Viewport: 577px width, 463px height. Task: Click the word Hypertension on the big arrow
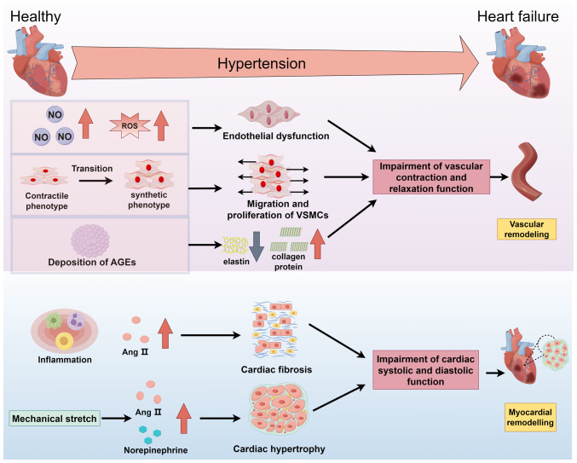click(262, 64)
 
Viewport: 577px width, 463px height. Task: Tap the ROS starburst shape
click(130, 126)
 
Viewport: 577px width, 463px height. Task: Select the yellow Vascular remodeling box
click(527, 229)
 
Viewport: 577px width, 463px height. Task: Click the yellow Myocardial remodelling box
click(530, 417)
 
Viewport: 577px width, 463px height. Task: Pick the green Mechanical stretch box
click(55, 419)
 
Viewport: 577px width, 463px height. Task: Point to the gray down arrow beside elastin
click(257, 246)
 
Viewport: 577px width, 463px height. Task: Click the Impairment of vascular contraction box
click(431, 177)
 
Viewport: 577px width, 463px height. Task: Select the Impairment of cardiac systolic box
click(425, 370)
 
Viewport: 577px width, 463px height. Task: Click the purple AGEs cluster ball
click(90, 240)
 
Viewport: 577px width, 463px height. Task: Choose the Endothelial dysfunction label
click(276, 136)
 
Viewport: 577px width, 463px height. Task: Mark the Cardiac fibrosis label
click(276, 369)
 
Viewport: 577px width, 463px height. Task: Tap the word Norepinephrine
click(156, 450)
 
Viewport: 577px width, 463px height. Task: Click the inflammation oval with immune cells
click(65, 331)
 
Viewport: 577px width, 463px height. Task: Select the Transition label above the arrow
click(92, 169)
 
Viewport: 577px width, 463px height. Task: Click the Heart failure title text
click(517, 16)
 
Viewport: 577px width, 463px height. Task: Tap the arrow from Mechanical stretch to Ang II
click(117, 418)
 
